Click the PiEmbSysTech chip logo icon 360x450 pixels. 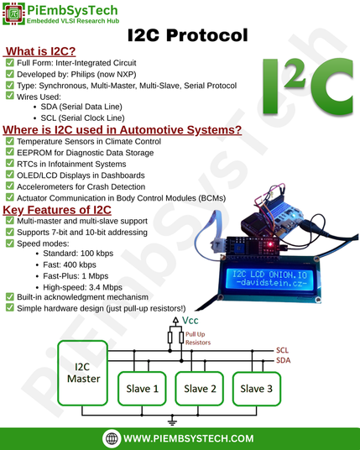[x=13, y=13]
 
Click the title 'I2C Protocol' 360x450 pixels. [x=188, y=35]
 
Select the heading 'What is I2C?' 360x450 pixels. [x=40, y=51]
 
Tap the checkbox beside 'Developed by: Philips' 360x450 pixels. [x=10, y=74]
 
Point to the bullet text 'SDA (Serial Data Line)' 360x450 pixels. [x=81, y=107]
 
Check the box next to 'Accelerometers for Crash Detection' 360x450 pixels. [x=10, y=186]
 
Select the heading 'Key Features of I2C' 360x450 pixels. [x=57, y=210]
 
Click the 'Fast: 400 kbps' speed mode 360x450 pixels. [x=70, y=264]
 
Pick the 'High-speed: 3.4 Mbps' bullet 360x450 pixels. [x=82, y=287]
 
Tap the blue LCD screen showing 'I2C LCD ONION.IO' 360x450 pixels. [x=269, y=279]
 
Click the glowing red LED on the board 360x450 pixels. [x=270, y=244]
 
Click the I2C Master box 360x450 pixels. [x=83, y=373]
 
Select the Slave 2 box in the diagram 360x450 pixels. [x=200, y=389]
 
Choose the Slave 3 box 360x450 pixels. [x=257, y=389]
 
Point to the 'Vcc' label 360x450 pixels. [x=190, y=320]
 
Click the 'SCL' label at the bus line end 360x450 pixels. [x=282, y=350]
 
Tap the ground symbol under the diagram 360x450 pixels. [x=172, y=421]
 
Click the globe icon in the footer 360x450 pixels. [x=112, y=438]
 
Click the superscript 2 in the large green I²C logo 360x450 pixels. [x=295, y=75]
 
